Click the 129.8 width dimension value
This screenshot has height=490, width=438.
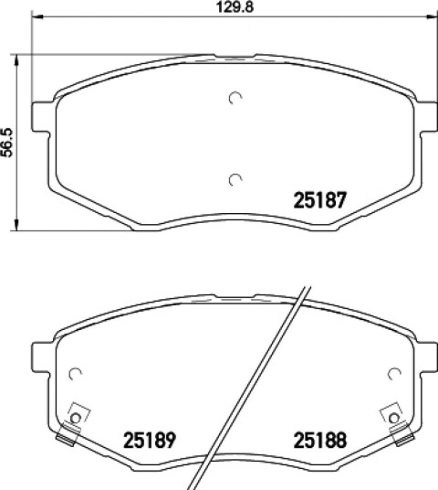235,7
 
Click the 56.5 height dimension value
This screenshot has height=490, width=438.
7,143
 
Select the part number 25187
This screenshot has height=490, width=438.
320,200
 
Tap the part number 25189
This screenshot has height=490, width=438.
150,440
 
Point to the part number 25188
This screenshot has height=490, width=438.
320,440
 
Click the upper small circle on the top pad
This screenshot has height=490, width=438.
235,99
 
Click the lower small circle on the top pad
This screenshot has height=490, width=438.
235,179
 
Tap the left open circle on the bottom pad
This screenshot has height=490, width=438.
75,374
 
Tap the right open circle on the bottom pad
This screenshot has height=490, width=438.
394,374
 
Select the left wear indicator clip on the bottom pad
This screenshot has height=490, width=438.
72,424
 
